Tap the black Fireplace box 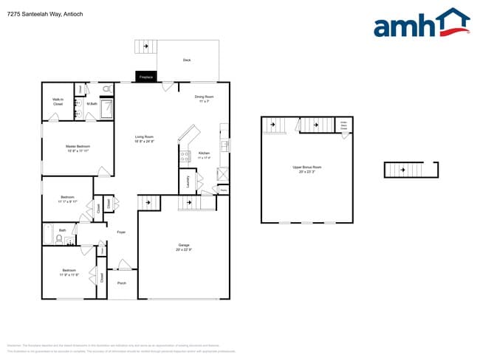[146, 77]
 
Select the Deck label [187, 60]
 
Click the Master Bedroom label [78, 148]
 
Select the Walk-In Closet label [58, 102]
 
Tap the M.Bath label [92, 103]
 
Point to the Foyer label [120, 232]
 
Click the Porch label [122, 283]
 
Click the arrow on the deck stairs [146, 46]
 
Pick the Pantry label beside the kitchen [223, 190]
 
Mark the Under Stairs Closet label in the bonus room [343, 125]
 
